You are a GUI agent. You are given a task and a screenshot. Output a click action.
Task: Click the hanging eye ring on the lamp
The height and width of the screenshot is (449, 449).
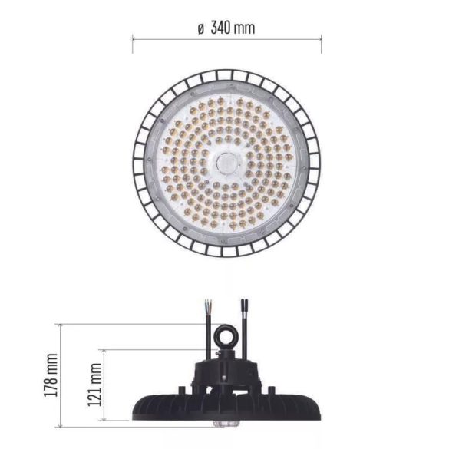[227, 336]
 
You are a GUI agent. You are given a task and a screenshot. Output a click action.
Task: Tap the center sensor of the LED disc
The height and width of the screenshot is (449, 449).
[226, 162]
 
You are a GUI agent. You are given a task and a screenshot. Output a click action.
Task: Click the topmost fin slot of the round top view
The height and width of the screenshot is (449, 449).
[226, 74]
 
